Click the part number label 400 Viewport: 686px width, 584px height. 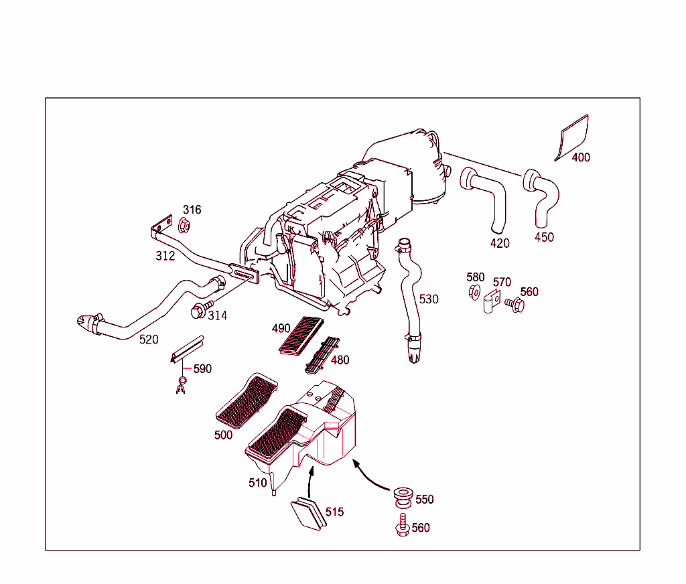[x=581, y=157]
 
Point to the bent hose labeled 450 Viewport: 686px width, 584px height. [x=545, y=198]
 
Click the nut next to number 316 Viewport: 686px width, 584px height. [x=185, y=224]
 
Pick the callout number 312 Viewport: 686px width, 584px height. [x=165, y=256]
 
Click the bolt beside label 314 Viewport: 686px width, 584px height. [x=198, y=311]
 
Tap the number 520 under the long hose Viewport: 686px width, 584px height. [x=149, y=340]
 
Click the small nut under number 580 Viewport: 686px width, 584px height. [x=472, y=291]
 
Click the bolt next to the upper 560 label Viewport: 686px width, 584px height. [x=514, y=305]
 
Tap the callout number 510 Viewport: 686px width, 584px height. [x=258, y=482]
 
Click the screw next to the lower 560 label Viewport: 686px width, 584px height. [x=402, y=526]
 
